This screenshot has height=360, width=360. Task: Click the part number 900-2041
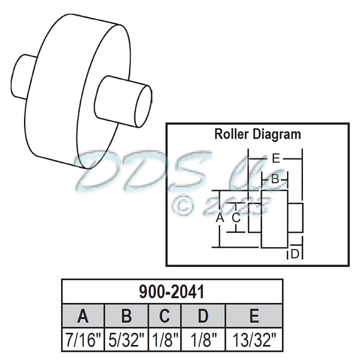coord(172,292)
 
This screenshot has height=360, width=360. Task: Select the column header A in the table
coord(83,316)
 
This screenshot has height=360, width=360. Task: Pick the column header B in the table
coord(126,316)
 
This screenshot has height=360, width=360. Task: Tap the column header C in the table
coord(164,316)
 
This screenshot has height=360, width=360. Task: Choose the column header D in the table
coord(202,316)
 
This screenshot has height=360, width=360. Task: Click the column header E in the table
coord(253,316)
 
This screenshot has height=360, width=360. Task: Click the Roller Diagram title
coord(257,134)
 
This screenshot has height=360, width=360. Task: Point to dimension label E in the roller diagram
coord(275,159)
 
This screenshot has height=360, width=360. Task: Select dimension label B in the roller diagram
coord(274,179)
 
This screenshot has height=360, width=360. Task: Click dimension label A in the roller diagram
coord(220,218)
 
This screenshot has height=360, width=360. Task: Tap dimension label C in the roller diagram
coord(236,218)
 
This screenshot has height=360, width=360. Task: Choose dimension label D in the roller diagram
coord(295,254)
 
